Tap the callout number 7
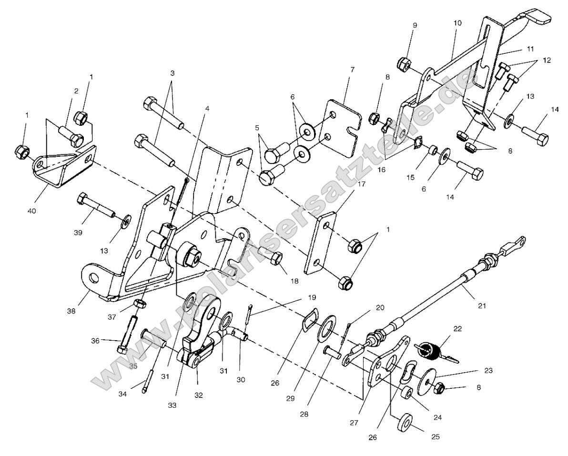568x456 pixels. click(x=353, y=70)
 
